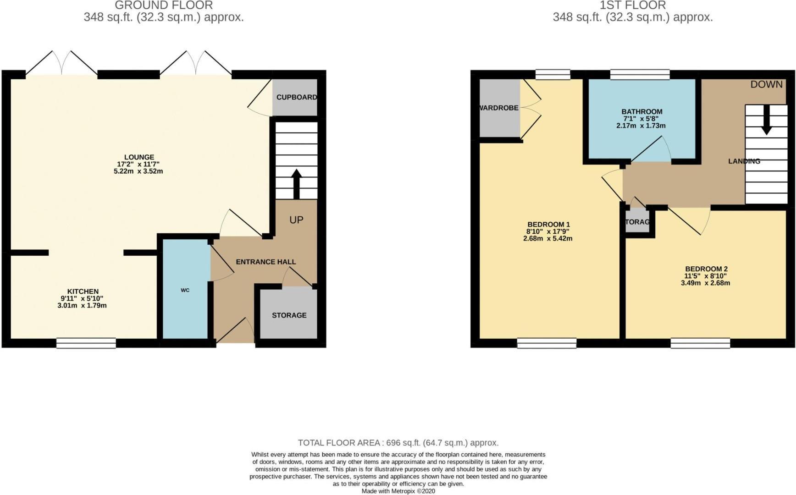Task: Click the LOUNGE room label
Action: (x=139, y=157)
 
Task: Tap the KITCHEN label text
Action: (x=83, y=291)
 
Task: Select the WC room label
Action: (x=185, y=290)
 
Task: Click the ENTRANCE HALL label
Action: (x=265, y=262)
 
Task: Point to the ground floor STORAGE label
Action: (x=289, y=315)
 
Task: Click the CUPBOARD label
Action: (x=296, y=97)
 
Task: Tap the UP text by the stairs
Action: (x=296, y=220)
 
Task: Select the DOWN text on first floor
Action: (x=766, y=84)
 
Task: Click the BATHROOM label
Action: (x=641, y=111)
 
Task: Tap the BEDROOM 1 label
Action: (x=548, y=225)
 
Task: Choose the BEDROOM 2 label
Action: (x=706, y=269)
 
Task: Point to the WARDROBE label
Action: (x=499, y=108)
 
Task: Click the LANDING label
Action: (x=744, y=161)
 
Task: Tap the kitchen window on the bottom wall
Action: (x=86, y=343)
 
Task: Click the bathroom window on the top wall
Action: (x=640, y=74)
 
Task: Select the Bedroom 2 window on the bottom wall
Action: (x=700, y=343)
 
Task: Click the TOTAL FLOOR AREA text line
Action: (x=398, y=443)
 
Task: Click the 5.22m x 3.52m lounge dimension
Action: (x=138, y=171)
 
